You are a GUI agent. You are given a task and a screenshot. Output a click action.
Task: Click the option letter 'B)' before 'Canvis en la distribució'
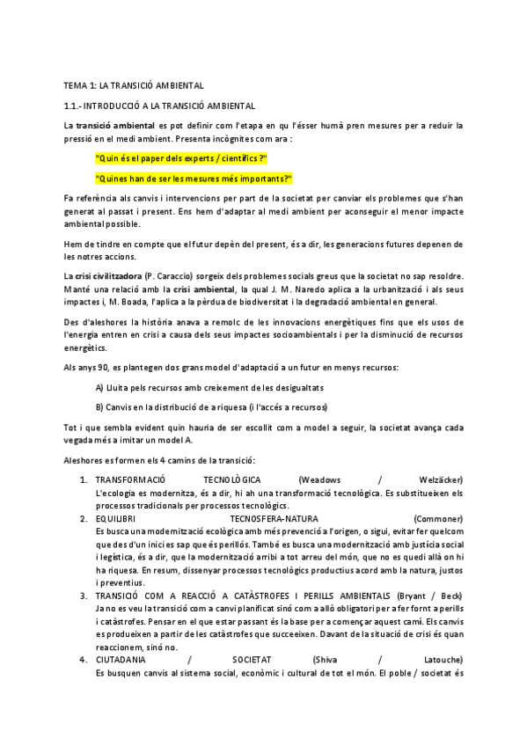pos(99,407)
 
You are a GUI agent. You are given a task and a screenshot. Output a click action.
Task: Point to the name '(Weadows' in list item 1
pos(321,479)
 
